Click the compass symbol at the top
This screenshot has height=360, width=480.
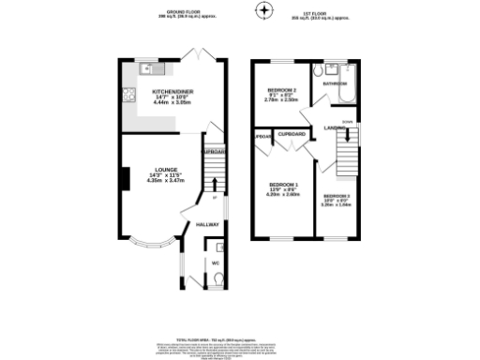click(x=264, y=11)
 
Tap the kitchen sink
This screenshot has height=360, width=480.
click(x=147, y=68)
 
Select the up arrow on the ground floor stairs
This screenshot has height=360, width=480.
click(x=213, y=197)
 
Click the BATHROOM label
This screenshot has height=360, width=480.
click(x=335, y=83)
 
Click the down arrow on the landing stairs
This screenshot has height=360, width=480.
click(x=347, y=122)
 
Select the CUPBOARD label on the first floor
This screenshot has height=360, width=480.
click(x=292, y=134)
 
